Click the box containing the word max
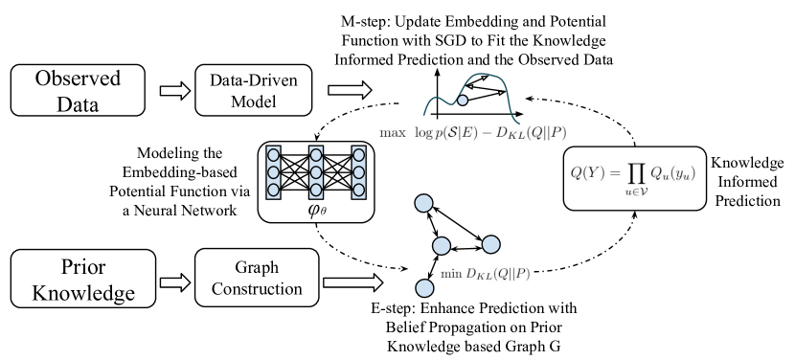(x=393, y=133)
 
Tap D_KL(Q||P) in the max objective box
(x=534, y=133)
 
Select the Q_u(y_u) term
(x=671, y=173)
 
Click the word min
(x=450, y=274)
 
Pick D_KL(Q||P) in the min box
(x=498, y=274)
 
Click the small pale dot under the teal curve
(x=463, y=100)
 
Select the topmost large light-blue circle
(x=423, y=203)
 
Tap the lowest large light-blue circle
(x=424, y=288)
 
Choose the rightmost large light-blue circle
(x=490, y=244)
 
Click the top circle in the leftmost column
(x=273, y=155)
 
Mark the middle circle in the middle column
(x=316, y=172)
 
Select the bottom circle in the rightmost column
(x=358, y=190)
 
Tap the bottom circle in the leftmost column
(x=273, y=190)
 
